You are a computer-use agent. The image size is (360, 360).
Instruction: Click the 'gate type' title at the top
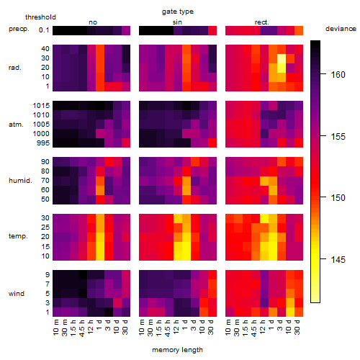(x=178, y=12)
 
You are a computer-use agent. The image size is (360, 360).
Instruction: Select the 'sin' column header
(x=177, y=22)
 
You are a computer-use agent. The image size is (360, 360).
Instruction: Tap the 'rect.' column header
(x=261, y=22)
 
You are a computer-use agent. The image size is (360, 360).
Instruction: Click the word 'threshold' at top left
(x=40, y=17)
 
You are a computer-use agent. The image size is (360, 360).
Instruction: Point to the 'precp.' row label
(x=19, y=29)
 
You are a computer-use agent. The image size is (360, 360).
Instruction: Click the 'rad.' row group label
(x=15, y=68)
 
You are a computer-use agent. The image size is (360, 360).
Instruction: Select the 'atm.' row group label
(x=16, y=125)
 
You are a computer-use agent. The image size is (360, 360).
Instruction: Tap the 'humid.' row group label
(x=20, y=180)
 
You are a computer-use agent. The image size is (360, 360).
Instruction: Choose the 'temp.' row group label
(x=18, y=236)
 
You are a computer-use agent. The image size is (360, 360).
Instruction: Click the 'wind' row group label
(x=17, y=294)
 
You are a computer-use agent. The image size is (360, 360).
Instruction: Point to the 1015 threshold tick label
(x=41, y=106)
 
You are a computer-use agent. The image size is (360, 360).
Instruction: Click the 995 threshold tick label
(x=43, y=143)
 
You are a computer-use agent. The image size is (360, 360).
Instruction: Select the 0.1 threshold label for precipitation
(x=44, y=30)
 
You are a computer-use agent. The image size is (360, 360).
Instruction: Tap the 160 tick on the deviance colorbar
(x=338, y=75)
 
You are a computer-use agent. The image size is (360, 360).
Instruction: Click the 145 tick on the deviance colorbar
(x=338, y=259)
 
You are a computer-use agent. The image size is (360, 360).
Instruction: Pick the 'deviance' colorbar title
(x=341, y=29)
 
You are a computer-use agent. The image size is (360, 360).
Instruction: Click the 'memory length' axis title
(x=178, y=350)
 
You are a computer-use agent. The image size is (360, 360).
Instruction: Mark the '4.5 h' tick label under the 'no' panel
(x=81, y=328)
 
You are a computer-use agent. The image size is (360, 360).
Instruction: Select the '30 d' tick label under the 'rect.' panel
(x=297, y=327)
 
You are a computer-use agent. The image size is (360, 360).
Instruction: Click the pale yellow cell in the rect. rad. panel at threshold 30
(x=282, y=58)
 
